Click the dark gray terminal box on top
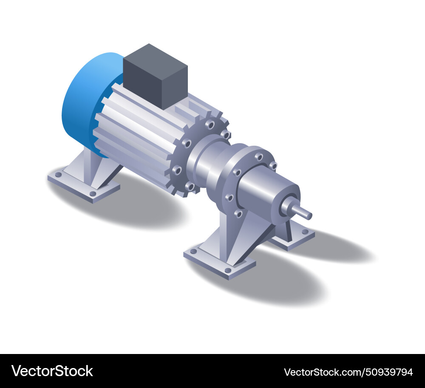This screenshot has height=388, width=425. click(155, 76)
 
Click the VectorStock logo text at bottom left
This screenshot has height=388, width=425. click(52, 371)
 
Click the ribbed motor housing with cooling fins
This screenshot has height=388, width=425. click(136, 132)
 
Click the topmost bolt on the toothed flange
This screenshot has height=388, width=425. click(210, 125)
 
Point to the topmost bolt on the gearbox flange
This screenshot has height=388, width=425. click(259, 157)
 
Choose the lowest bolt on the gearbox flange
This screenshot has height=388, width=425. click(239, 213)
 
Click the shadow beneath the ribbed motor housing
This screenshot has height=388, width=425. click(140, 208)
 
